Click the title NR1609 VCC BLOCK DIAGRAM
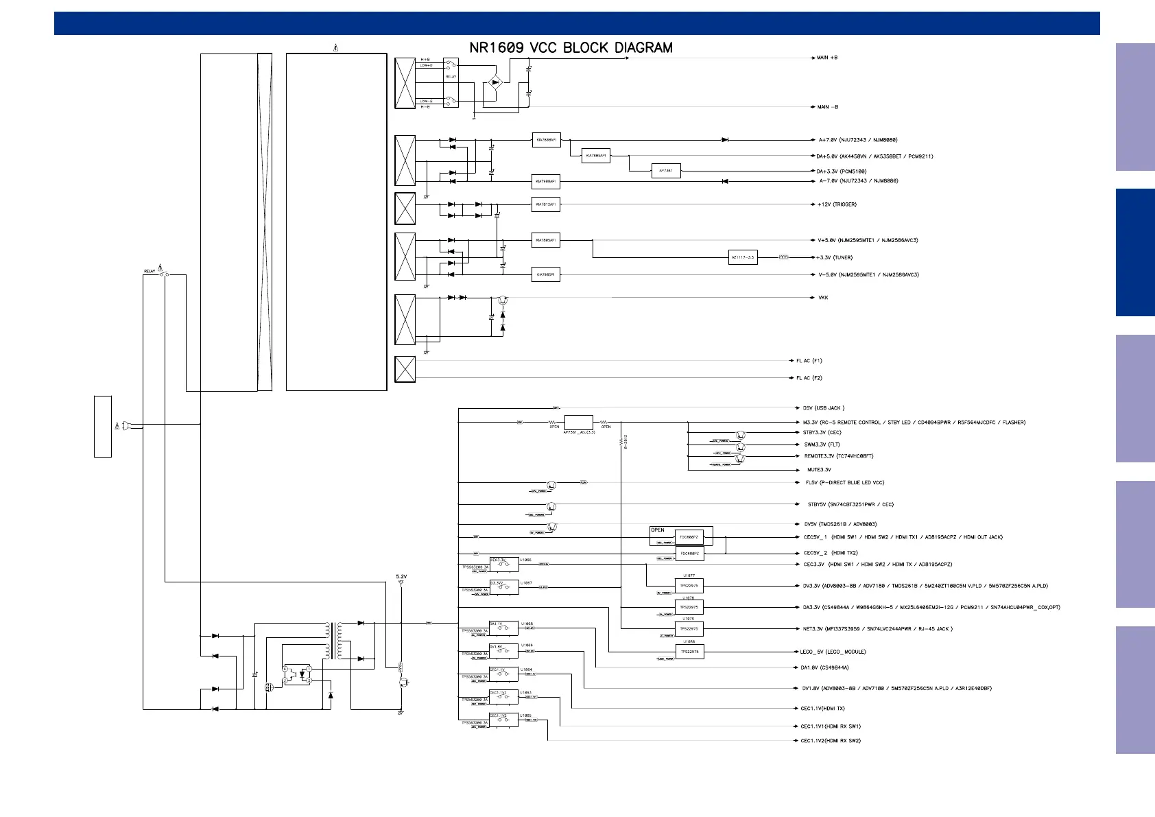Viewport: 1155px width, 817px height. [571, 48]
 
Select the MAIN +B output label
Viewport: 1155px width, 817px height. [827, 58]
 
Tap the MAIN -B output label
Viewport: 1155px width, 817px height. [828, 107]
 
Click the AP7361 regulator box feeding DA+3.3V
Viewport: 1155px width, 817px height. [665, 171]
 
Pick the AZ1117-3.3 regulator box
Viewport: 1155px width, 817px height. [743, 258]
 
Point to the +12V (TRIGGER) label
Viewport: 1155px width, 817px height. [837, 204]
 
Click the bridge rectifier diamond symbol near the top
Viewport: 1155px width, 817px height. [495, 83]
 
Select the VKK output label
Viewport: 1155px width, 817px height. [823, 298]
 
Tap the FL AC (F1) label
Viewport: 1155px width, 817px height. [809, 361]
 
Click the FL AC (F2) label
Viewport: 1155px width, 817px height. [809, 378]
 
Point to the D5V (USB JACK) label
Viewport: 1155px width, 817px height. [824, 408]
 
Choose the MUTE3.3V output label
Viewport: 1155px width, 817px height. [819, 470]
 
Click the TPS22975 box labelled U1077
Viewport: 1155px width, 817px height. [689, 586]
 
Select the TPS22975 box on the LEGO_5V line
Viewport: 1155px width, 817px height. [689, 652]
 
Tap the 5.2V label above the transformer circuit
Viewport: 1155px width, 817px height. [401, 577]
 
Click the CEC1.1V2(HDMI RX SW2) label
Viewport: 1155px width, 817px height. [831, 741]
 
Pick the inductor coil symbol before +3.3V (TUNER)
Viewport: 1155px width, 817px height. [784, 258]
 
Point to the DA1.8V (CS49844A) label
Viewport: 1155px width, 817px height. [824, 667]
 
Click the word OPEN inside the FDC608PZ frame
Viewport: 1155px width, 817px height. [658, 530]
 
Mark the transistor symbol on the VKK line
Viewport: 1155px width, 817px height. [503, 300]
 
